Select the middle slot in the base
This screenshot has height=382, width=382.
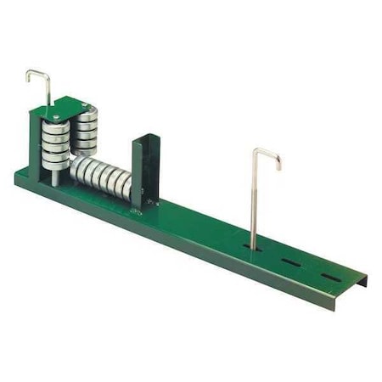point(290,262)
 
